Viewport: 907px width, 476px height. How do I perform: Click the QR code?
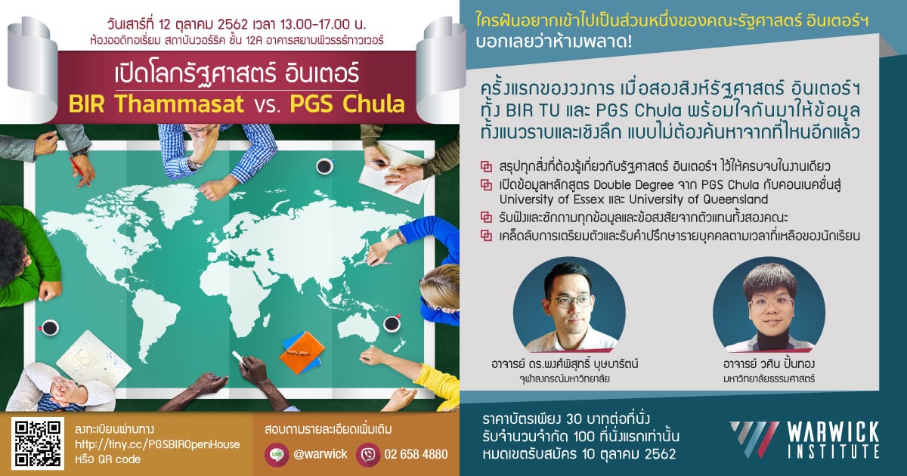pos(37,444)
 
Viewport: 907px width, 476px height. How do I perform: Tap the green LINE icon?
pos(277,455)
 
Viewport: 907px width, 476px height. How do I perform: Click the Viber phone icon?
pos(367,455)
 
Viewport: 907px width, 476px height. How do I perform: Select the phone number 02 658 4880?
pos(416,454)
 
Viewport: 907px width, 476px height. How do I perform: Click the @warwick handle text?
pos(320,454)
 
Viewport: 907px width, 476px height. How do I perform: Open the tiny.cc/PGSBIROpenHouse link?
pos(157,444)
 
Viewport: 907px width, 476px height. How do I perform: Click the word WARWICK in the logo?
pos(833,433)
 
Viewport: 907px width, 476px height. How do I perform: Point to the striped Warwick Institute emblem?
pos(755,440)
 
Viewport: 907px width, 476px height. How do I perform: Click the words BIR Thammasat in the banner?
pos(156,104)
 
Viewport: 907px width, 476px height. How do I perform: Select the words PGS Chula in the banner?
pos(348,104)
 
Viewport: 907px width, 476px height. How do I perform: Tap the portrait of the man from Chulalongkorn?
pos(569,304)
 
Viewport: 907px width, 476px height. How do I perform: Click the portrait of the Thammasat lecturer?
pos(769,304)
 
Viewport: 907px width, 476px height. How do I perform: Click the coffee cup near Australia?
pos(392,323)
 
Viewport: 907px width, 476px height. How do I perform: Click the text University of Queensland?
pos(698,199)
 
